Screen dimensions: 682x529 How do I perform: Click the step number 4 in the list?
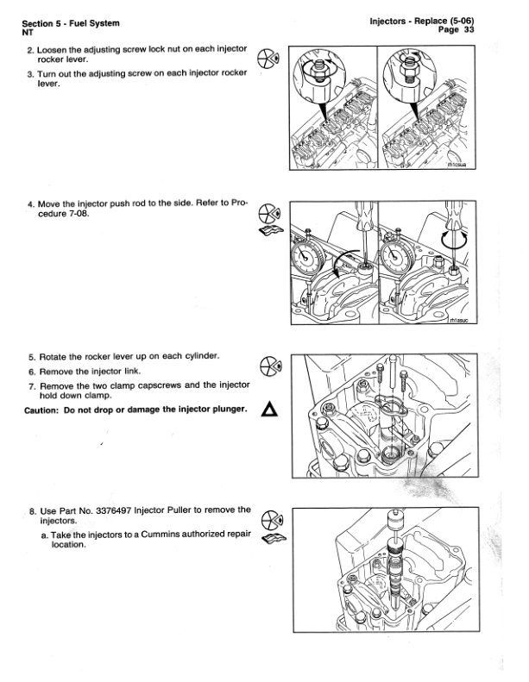(30, 205)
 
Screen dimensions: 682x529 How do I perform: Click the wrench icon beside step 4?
(270, 230)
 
